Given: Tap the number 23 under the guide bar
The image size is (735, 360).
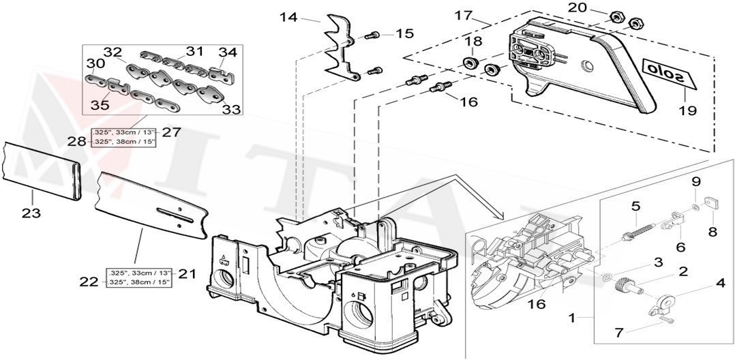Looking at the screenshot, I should point(31,213).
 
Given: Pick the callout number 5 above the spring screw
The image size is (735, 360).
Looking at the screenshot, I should point(635,205).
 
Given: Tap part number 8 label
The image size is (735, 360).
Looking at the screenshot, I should point(712,231).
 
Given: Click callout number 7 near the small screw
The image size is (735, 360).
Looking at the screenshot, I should point(618,332).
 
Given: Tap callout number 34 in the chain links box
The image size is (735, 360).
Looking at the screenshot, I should point(227,51).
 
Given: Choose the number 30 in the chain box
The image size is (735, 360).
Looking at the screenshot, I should point(96,63).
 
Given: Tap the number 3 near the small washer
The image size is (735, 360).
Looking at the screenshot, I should point(658,262).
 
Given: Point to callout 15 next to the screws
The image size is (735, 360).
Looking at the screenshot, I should point(404,33).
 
